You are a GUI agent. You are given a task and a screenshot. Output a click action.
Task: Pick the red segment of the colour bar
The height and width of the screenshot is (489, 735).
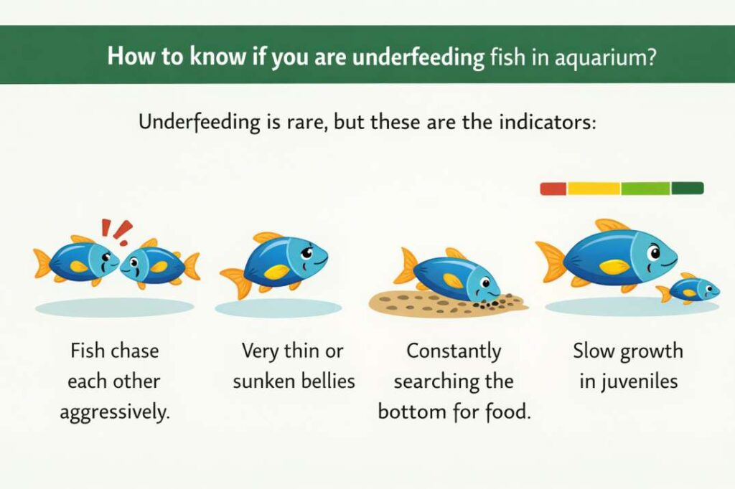[553, 189]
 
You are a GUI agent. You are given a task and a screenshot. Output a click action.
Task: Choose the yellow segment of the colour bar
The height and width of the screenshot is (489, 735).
[594, 189]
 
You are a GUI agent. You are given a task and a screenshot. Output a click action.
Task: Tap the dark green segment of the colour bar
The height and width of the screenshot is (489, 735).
[687, 189]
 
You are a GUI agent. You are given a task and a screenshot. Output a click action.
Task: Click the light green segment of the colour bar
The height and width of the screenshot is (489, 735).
[645, 189]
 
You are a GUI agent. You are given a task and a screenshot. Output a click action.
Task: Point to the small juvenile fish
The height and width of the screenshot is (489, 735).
[689, 289]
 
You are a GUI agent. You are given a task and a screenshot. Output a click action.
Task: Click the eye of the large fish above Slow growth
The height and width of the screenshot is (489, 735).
[655, 252]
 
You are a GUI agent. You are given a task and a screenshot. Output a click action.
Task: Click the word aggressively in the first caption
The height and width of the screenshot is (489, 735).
[115, 413]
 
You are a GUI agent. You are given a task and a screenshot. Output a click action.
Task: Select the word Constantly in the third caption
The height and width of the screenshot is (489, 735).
[454, 351]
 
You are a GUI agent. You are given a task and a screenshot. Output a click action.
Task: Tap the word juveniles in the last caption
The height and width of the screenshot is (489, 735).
[628, 381]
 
